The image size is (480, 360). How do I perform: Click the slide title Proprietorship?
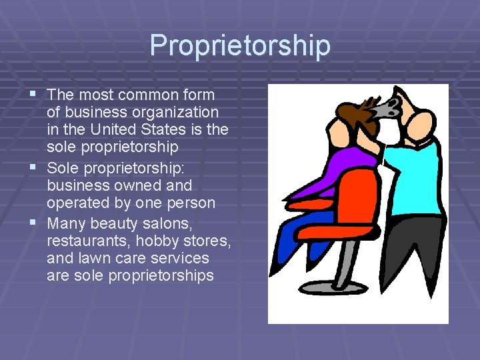point(240,45)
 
